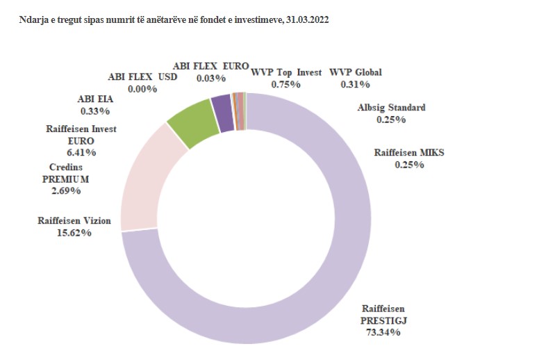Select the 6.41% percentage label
(x=81, y=152)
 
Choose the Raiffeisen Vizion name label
(x=74, y=221)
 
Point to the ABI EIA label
(x=95, y=99)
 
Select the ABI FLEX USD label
(x=143, y=77)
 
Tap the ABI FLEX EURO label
(x=211, y=66)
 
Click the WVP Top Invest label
(x=286, y=72)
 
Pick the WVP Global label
(x=356, y=72)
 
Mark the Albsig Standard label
(x=391, y=108)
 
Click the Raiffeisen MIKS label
(x=409, y=153)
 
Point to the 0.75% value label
(x=285, y=84)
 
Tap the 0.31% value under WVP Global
(x=355, y=84)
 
